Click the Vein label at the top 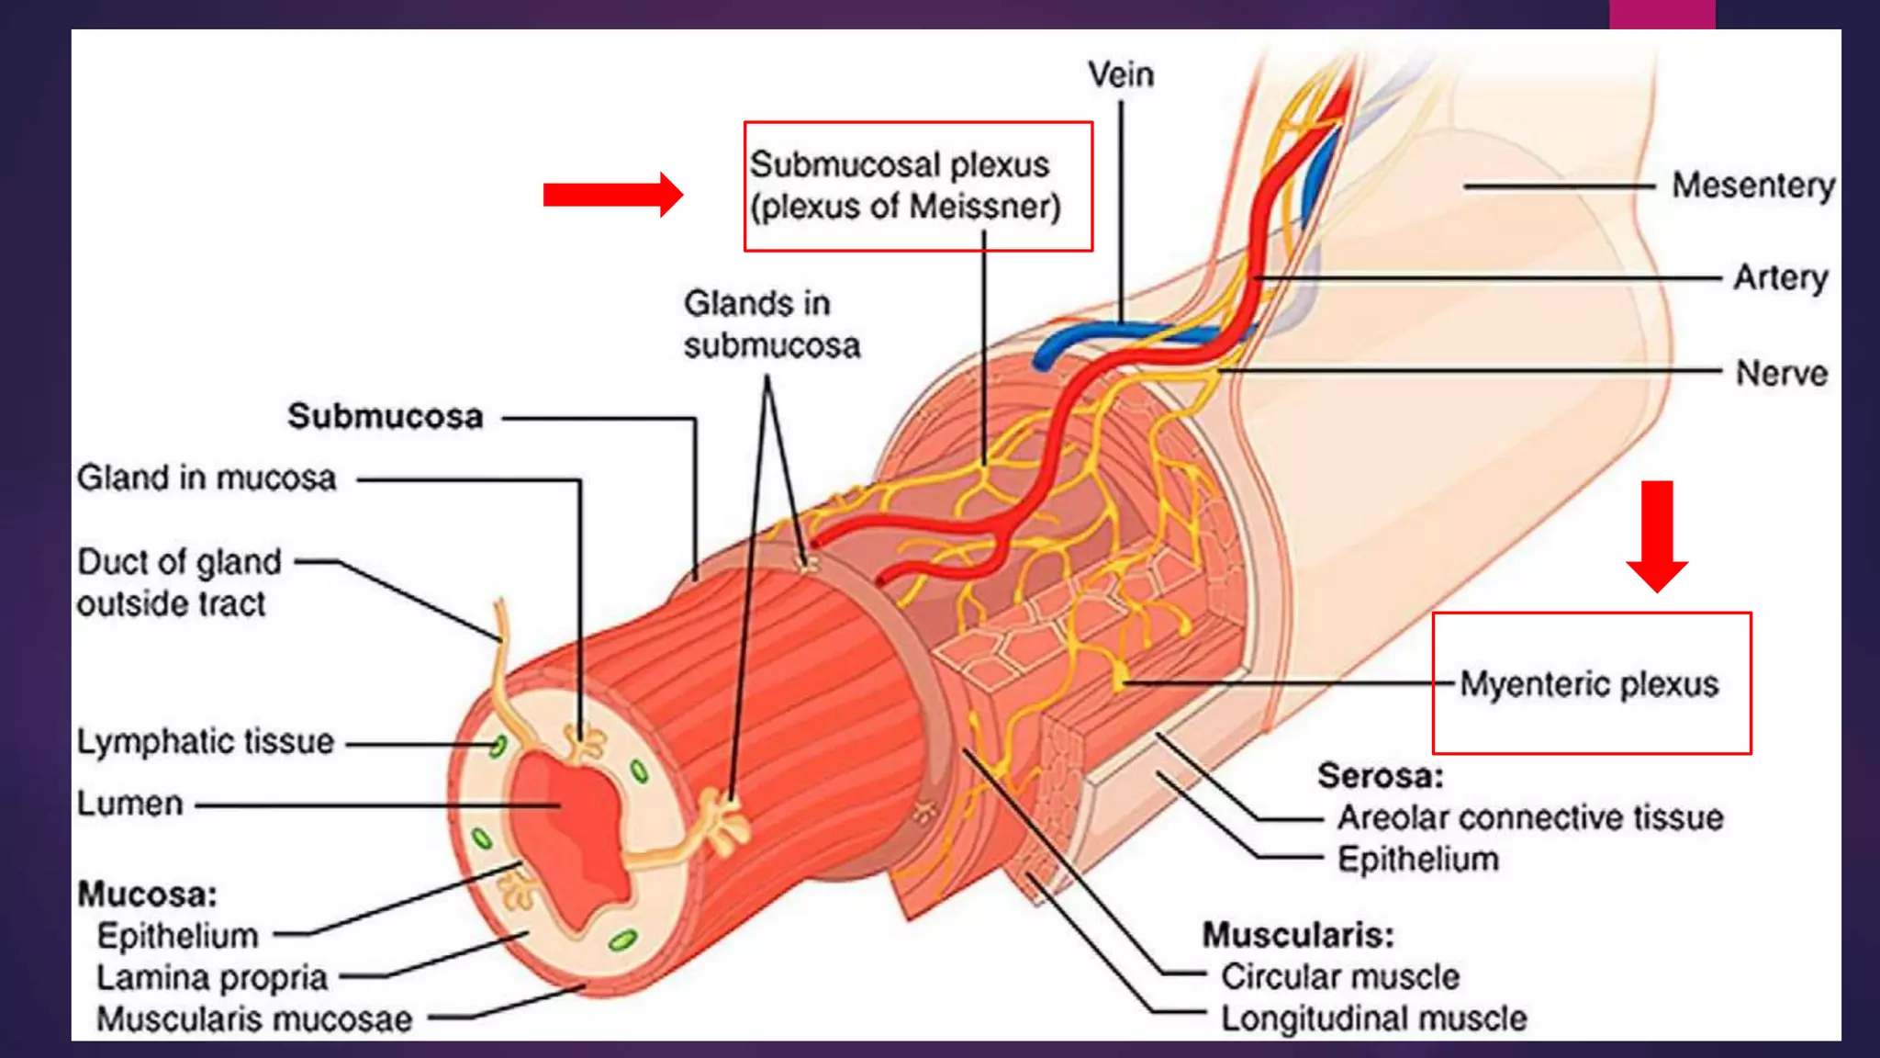click(1120, 75)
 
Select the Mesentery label click(1752, 186)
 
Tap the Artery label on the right click(1780, 277)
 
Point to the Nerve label click(1781, 374)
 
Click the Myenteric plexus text click(1589, 684)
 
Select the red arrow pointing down click(1657, 536)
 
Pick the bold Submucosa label click(386, 417)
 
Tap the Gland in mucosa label click(207, 478)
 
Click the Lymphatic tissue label click(206, 742)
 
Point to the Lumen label click(130, 804)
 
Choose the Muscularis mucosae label click(254, 1019)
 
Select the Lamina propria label click(212, 978)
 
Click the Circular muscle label click(1339, 976)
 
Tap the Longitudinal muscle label click(1373, 1019)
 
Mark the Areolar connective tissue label click(1530, 817)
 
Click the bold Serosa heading click(1380, 776)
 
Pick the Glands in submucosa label click(771, 325)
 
